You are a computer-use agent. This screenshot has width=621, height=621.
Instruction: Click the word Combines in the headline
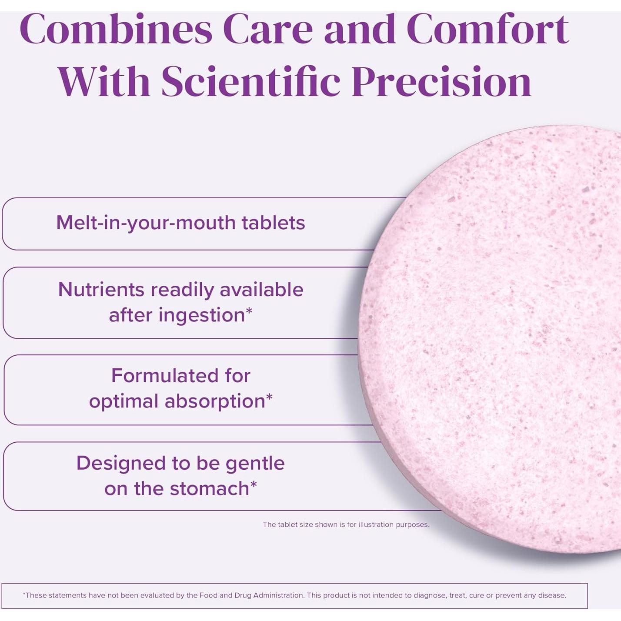pyautogui.click(x=116, y=29)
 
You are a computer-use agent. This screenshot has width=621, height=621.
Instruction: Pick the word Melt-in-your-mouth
pyautogui.click(x=146, y=223)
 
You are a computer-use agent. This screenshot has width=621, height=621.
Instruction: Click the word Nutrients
pyautogui.click(x=101, y=289)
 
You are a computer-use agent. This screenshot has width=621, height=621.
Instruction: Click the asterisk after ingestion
pyautogui.click(x=249, y=310)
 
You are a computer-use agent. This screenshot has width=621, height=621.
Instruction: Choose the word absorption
pyautogui.click(x=215, y=401)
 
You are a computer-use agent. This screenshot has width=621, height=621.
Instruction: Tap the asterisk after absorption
pyautogui.click(x=269, y=397)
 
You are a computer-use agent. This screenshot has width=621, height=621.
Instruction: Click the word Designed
pyautogui.click(x=121, y=464)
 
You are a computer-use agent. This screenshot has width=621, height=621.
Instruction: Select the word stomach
pyautogui.click(x=210, y=488)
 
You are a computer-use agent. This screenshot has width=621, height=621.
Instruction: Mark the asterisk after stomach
pyautogui.click(x=253, y=484)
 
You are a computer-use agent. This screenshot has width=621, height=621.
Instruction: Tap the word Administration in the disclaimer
pyautogui.click(x=278, y=595)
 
